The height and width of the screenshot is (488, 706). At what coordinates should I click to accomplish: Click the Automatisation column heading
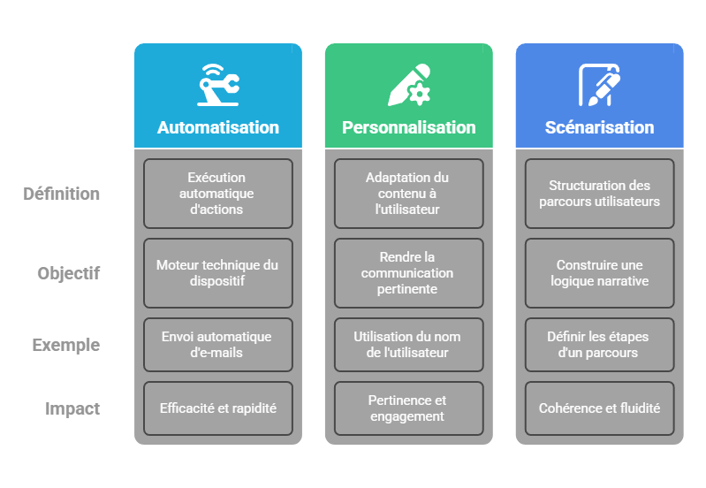pos(217,127)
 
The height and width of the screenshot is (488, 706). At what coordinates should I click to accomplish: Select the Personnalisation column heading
pos(408,127)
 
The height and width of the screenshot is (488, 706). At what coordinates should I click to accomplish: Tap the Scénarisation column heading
pos(599,127)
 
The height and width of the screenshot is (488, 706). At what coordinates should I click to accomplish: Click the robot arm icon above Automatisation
pos(217,85)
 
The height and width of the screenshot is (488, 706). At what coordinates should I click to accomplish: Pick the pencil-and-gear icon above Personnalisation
pos(408,85)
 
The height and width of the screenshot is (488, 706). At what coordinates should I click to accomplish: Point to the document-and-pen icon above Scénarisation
pos(599,85)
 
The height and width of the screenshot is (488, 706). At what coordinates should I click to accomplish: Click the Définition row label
pos(61,194)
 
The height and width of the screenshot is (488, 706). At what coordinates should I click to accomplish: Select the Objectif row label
pos(68,273)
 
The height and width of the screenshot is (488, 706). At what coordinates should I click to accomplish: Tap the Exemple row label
pos(65,345)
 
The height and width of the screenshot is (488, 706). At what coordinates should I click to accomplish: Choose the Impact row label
pos(72,408)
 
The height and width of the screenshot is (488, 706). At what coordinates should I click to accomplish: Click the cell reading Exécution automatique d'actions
pos(217,194)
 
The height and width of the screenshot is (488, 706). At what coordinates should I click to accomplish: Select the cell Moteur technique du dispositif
pos(217,273)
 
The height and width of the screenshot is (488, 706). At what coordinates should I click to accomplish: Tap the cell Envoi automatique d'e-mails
pos(217,345)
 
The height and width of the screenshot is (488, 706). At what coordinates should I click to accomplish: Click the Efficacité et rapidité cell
pos(217,408)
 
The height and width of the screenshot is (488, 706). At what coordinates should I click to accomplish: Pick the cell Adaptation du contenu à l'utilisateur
pos(408,194)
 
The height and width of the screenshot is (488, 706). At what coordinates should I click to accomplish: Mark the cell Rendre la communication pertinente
pos(408,273)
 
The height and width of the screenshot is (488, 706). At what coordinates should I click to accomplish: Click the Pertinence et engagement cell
pos(408,408)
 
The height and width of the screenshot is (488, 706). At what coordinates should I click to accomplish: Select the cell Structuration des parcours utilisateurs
pos(599,194)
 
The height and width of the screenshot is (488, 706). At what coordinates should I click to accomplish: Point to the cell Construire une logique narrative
pos(599,273)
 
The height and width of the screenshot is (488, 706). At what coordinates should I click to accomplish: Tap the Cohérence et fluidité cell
pos(599,408)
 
